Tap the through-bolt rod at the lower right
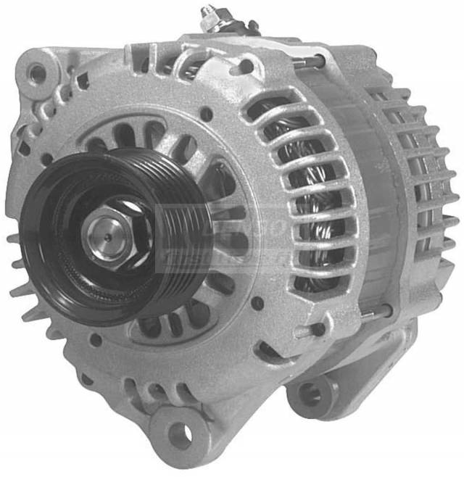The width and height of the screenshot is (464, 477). point(377,312)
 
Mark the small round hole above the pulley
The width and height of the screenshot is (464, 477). point(207,115)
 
